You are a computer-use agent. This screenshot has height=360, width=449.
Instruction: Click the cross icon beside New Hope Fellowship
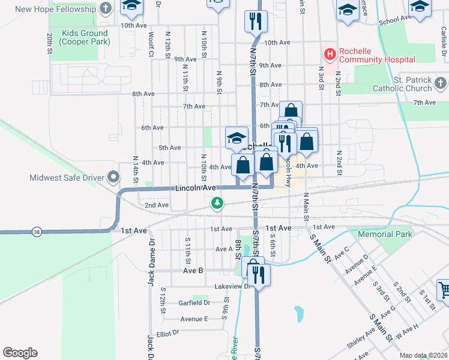click(x=106, y=8)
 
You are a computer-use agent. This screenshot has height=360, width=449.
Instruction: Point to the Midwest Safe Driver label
click(x=66, y=177)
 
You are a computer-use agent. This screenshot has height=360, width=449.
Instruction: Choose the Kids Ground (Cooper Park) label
click(x=85, y=37)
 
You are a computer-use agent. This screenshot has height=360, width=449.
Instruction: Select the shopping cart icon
click(x=444, y=290)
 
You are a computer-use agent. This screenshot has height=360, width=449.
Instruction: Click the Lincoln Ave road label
click(x=195, y=188)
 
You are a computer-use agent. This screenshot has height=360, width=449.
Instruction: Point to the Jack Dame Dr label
click(x=151, y=259)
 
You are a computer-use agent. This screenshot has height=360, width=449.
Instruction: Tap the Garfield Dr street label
click(x=194, y=302)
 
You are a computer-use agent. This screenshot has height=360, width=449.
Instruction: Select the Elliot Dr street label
click(x=167, y=332)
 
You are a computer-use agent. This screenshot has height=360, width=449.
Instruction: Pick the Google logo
click(x=20, y=353)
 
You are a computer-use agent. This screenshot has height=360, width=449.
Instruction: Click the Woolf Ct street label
click(x=152, y=45)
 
